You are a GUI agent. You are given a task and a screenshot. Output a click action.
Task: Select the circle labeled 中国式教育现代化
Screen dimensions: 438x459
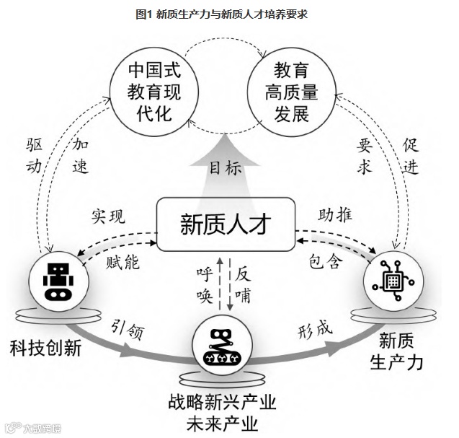[x=153, y=91]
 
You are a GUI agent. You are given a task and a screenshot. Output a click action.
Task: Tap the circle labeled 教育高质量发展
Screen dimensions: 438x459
[x=291, y=91]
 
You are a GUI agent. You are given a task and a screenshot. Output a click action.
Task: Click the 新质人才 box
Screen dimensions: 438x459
[x=227, y=224]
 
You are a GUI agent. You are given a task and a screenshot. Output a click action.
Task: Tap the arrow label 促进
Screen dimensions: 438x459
[x=411, y=155]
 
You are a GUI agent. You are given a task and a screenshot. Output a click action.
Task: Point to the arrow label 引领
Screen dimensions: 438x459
[x=128, y=329]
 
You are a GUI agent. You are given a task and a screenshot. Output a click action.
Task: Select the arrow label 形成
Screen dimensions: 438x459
[x=315, y=330]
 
